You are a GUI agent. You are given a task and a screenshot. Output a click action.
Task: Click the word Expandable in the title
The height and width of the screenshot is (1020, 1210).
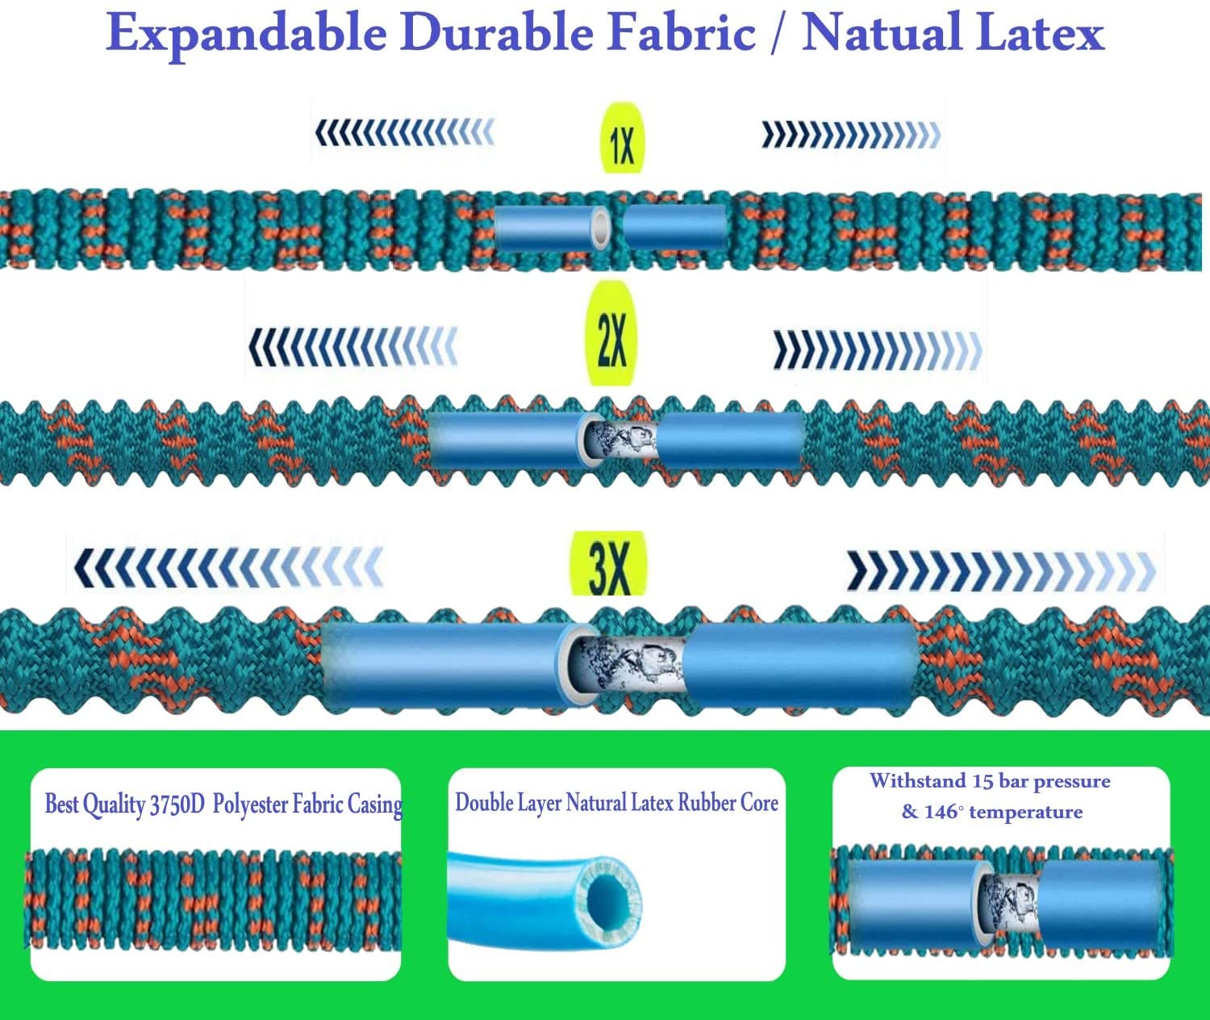coord(246,34)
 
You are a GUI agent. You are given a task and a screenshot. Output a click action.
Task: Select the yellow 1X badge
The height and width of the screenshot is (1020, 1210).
coord(622,139)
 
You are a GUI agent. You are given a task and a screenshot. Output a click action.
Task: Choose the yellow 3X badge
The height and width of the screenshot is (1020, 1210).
coord(609,565)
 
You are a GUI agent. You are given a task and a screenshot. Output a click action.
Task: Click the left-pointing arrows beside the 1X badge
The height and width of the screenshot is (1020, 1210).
coord(404,132)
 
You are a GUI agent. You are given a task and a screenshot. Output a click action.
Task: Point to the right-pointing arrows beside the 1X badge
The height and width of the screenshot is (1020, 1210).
coord(851,135)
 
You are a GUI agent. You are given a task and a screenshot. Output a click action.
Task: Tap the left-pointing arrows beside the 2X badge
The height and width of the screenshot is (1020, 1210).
coord(353,347)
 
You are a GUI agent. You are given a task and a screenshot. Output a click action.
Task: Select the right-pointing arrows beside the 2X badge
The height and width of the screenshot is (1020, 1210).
coord(878,350)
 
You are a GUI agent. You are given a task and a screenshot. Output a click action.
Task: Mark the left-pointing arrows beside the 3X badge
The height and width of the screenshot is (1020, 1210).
coord(227,566)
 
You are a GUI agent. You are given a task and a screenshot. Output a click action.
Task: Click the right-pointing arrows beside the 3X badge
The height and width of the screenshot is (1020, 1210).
coord(1000,570)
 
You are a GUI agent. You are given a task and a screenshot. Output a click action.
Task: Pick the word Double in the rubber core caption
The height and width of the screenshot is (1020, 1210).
coord(484,802)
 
